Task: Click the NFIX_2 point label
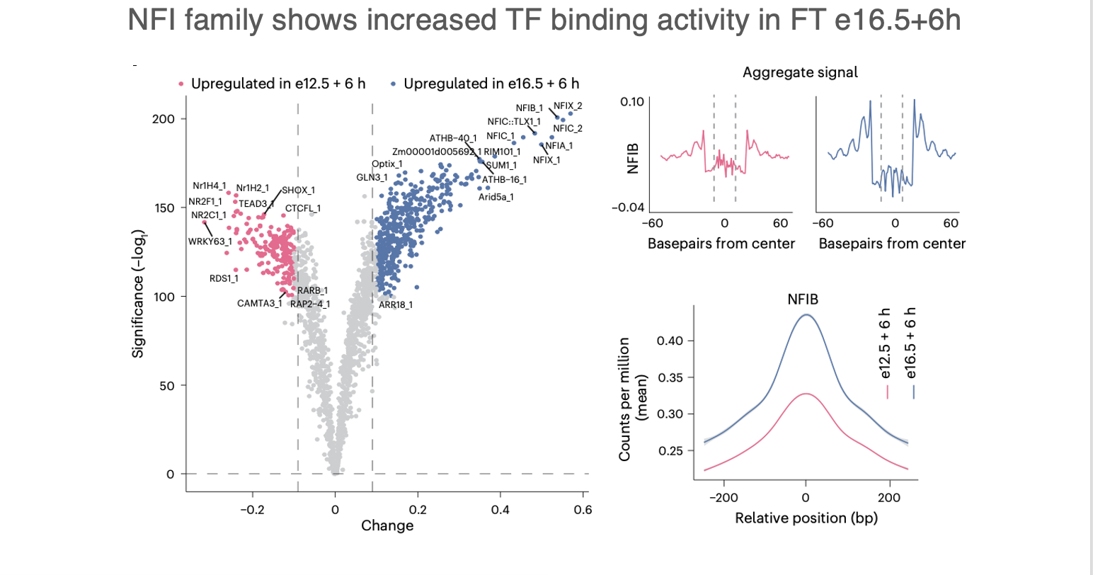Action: (568, 106)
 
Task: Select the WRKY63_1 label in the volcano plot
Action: (210, 241)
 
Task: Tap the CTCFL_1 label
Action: (303, 208)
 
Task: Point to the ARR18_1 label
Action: (396, 304)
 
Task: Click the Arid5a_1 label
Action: (496, 197)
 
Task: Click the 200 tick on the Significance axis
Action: (164, 119)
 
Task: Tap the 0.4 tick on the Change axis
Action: (500, 509)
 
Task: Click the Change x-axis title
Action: (387, 525)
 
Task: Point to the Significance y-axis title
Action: (138, 293)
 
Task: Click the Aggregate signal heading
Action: (800, 72)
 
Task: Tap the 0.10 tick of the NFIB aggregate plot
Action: (632, 102)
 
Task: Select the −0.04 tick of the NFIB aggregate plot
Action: (629, 207)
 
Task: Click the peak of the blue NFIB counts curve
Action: (806, 315)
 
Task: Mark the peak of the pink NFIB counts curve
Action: (806, 394)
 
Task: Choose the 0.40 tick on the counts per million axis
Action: (670, 341)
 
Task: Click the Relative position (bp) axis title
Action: (806, 518)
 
